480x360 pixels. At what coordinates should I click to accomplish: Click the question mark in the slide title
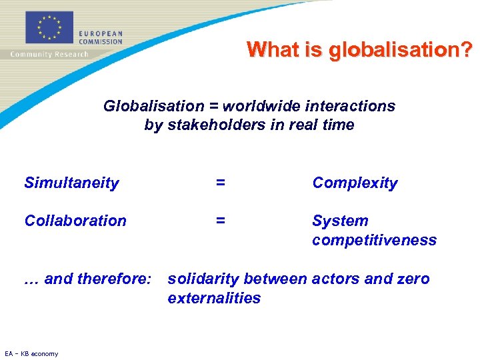pos(467,50)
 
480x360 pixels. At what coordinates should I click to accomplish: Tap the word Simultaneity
pos(71,183)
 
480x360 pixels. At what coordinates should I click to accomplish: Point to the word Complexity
pos(355,183)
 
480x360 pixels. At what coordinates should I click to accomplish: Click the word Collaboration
pos(75,221)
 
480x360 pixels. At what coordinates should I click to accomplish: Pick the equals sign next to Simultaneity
pos(220,183)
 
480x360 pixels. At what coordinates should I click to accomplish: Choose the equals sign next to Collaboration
pos(220,221)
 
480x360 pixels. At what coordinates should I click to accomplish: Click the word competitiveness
pos(374,240)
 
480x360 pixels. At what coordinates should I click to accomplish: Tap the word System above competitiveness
pos(340,221)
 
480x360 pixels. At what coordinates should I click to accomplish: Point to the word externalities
pos(214,298)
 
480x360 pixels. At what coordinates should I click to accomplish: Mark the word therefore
pos(117,279)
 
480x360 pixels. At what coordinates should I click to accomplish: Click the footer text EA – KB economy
pos(31,353)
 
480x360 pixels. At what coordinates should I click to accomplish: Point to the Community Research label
pos(49,54)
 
